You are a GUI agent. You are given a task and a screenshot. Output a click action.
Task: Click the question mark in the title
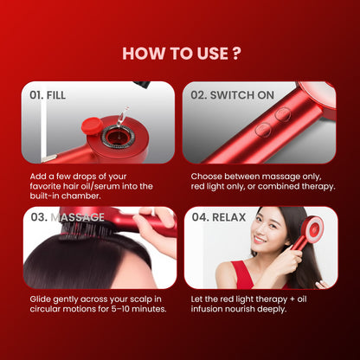(236, 53)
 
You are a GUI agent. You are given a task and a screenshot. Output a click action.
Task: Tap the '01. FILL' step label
(48, 95)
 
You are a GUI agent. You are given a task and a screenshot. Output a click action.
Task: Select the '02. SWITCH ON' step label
(232, 95)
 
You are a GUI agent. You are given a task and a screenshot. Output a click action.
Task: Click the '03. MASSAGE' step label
(67, 217)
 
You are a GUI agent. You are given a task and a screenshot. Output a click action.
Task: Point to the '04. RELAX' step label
(219, 217)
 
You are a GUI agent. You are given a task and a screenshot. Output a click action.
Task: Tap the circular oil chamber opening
(116, 136)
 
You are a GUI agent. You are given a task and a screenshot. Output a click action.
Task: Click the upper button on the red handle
(282, 114)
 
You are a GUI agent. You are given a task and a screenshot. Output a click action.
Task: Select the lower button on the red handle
(263, 129)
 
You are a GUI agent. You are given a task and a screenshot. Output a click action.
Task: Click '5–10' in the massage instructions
(119, 309)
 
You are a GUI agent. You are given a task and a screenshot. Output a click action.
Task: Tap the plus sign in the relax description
(292, 299)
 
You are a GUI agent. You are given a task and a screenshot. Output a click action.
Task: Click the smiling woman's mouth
(260, 240)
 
